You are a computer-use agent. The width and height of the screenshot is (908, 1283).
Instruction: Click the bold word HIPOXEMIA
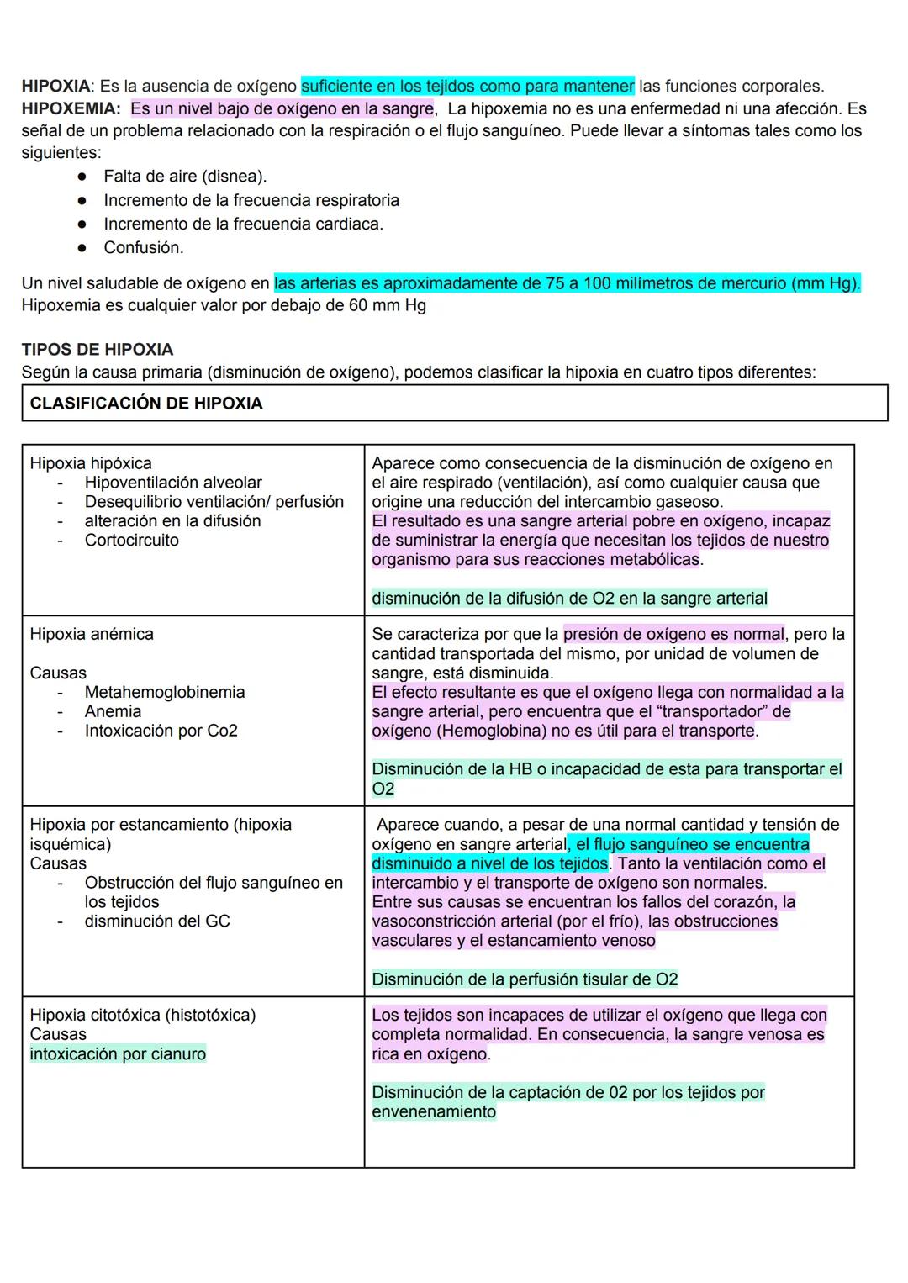pyautogui.click(x=71, y=108)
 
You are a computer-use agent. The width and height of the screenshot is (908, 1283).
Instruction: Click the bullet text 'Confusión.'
pyautogui.click(x=143, y=247)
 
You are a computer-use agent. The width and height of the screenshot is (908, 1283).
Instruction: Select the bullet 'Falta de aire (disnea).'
pyautogui.click(x=184, y=177)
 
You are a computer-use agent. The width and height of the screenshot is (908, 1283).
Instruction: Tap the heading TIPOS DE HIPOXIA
pyautogui.click(x=97, y=350)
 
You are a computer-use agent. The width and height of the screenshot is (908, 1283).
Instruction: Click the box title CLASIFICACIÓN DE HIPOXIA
pyautogui.click(x=145, y=404)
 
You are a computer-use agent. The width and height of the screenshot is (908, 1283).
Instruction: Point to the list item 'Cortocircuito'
pyautogui.click(x=131, y=541)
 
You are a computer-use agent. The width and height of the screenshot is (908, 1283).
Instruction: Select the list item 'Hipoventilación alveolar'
pyautogui.click(x=172, y=483)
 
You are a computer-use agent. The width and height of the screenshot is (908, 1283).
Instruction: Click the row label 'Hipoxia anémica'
pyautogui.click(x=91, y=634)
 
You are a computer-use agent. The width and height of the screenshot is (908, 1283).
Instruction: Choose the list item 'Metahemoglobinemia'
pyautogui.click(x=164, y=692)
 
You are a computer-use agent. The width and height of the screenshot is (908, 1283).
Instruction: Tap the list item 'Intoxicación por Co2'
pyautogui.click(x=161, y=731)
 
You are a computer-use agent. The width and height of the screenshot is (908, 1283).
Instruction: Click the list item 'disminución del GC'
pyautogui.click(x=156, y=921)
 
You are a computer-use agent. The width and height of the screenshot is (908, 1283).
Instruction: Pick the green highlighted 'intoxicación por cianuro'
pyautogui.click(x=118, y=1054)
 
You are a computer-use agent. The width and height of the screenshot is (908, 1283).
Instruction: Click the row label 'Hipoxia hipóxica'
pyautogui.click(x=90, y=463)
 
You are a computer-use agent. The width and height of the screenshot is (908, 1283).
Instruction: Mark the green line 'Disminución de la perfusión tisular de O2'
pyautogui.click(x=524, y=979)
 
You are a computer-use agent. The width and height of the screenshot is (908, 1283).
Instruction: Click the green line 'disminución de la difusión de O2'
pyautogui.click(x=568, y=599)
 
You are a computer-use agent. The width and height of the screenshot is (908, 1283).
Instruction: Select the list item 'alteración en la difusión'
pyautogui.click(x=172, y=521)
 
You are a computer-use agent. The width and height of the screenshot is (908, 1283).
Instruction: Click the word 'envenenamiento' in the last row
pyautogui.click(x=433, y=1112)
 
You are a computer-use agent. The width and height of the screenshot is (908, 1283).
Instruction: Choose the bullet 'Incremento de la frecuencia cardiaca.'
pyautogui.click(x=243, y=224)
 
